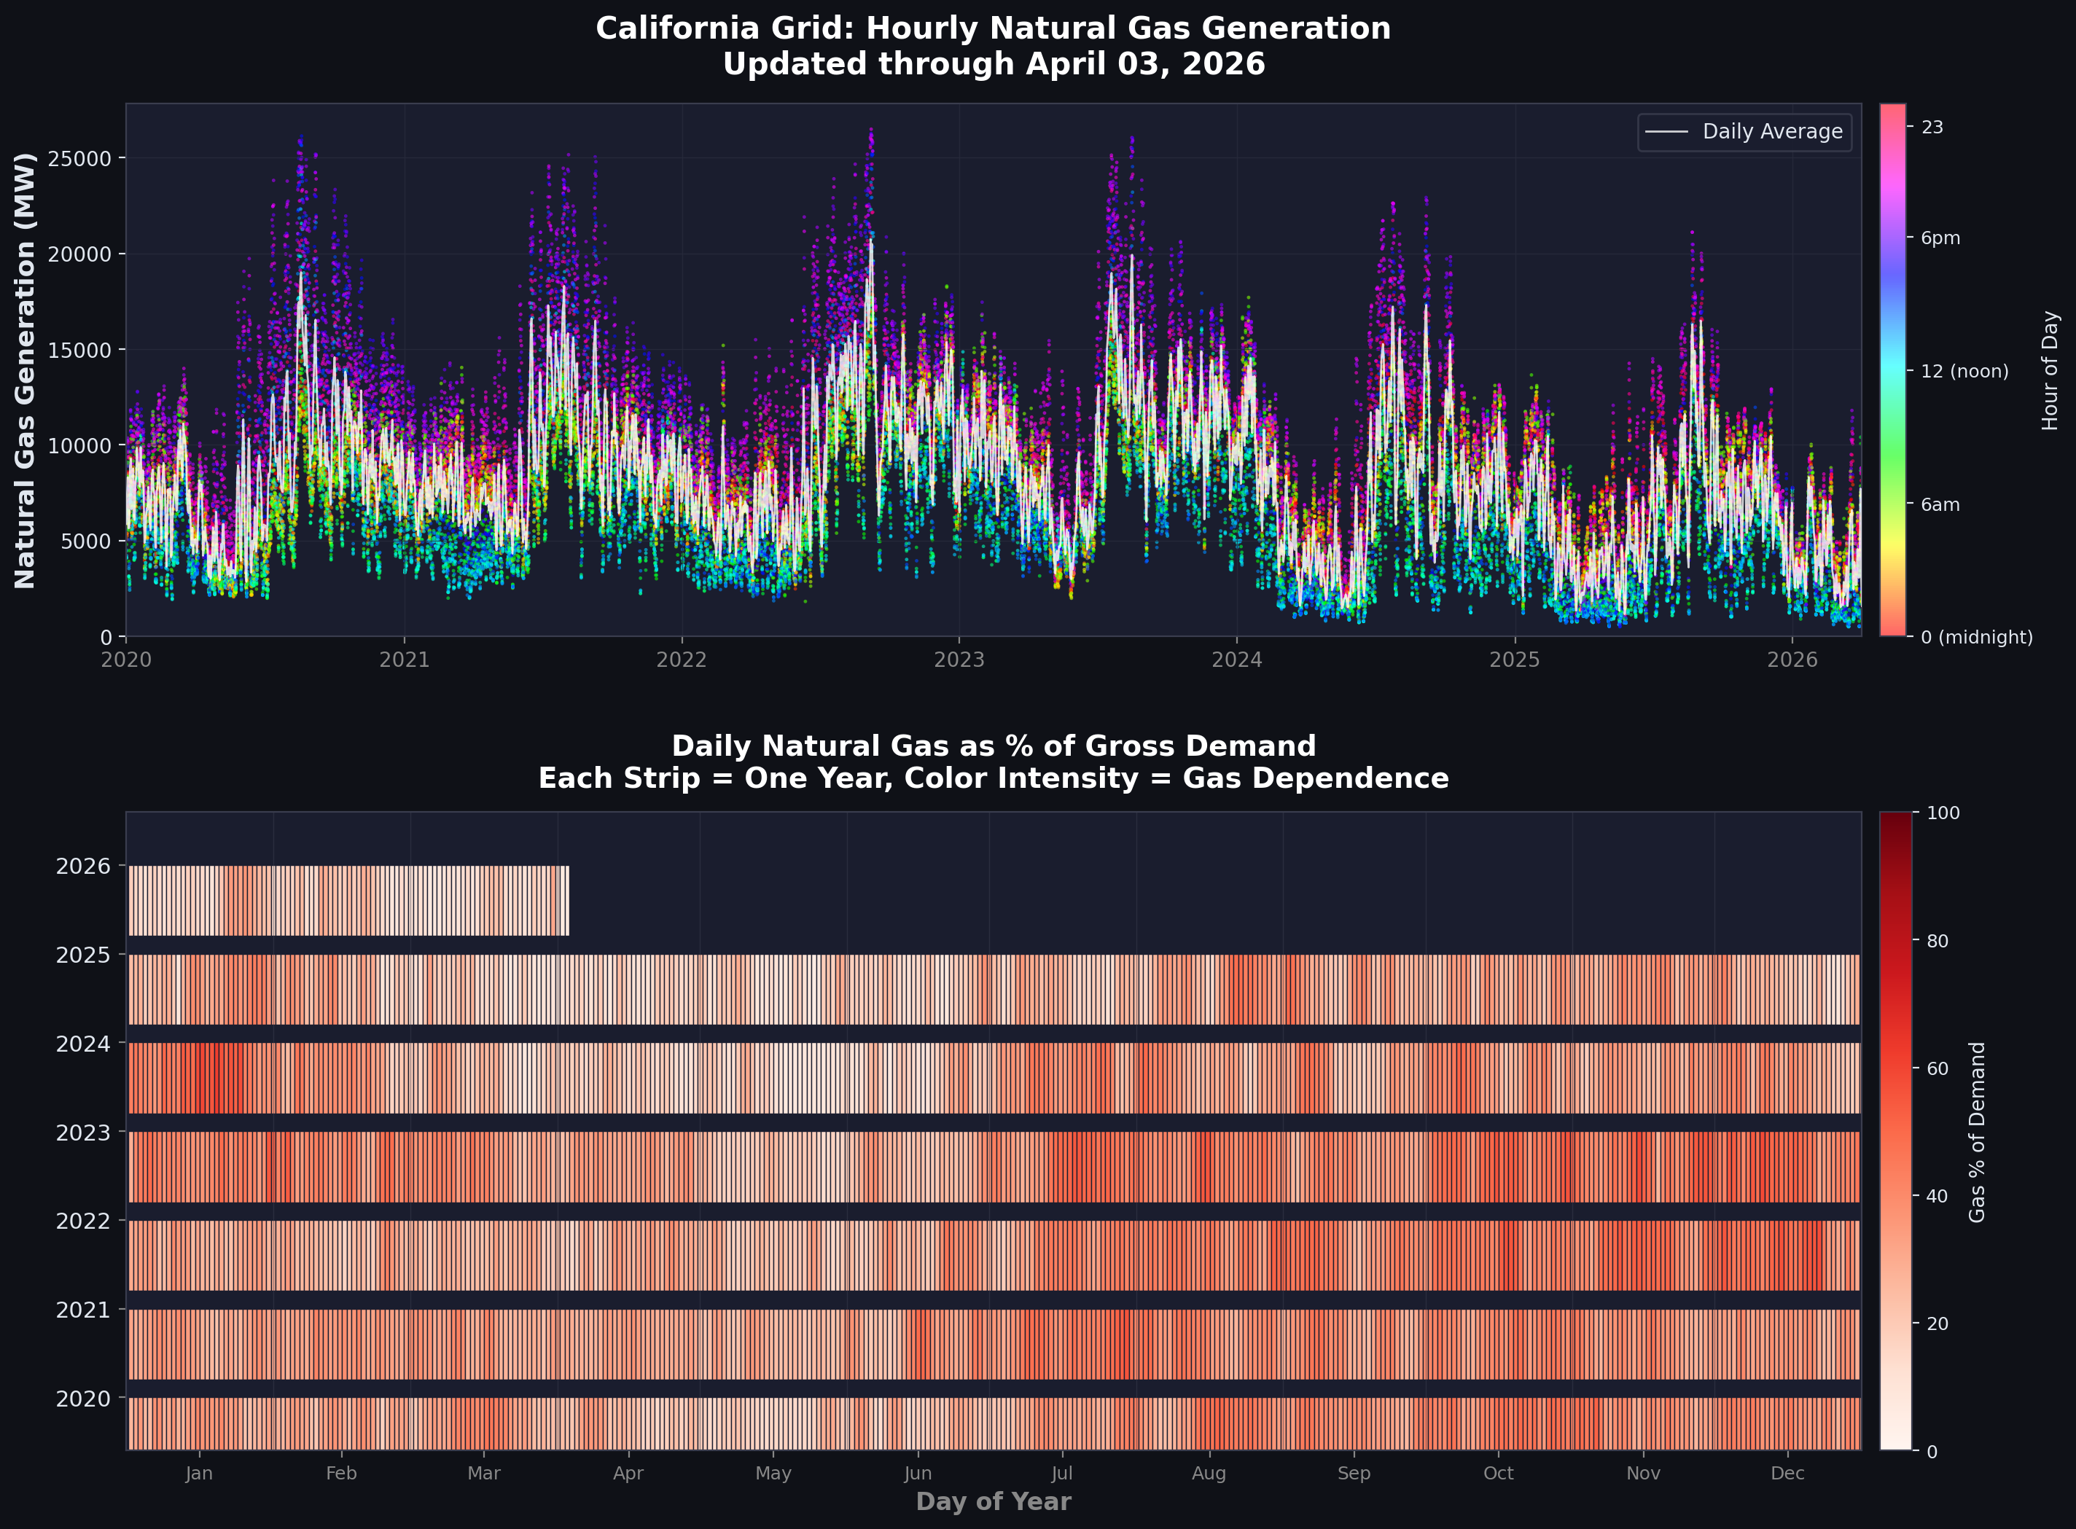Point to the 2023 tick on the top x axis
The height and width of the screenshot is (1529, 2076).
click(959, 660)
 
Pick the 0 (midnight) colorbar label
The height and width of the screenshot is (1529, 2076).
click(1977, 637)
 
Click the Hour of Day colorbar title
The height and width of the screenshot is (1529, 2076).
click(2050, 370)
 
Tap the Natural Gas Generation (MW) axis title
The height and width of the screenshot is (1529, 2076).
click(25, 370)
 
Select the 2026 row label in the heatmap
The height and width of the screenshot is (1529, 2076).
click(82, 867)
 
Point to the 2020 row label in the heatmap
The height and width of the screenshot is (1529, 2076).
click(82, 1399)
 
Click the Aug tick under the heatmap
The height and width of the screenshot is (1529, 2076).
click(1209, 1474)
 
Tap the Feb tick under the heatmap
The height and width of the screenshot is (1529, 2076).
click(342, 1474)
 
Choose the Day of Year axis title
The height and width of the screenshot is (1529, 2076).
click(993, 1501)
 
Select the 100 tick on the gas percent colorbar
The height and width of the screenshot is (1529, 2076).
click(1943, 813)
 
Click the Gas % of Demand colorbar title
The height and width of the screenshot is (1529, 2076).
click(1977, 1132)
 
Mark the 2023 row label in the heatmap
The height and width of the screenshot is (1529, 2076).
click(82, 1133)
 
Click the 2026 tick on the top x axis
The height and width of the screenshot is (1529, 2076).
click(1792, 660)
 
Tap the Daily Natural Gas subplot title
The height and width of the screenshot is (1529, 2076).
click(993, 746)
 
